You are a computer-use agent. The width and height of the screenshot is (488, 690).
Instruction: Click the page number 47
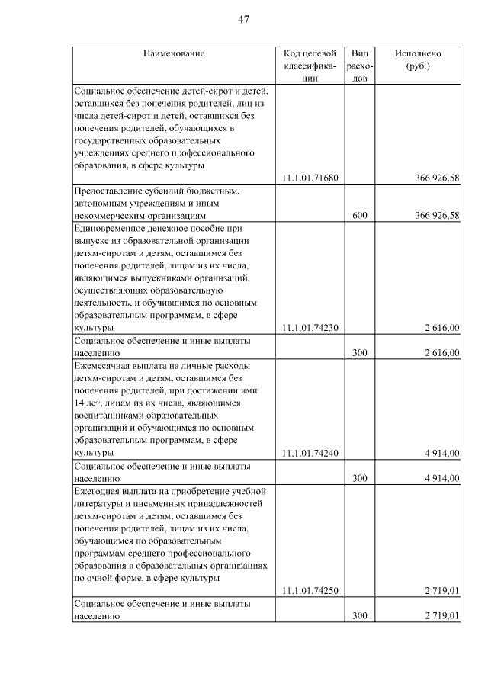click(244, 19)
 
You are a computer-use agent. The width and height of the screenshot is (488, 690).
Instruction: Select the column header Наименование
click(173, 54)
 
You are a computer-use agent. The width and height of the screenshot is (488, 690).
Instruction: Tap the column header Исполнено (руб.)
click(417, 59)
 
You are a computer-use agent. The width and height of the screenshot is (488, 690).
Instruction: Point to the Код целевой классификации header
click(310, 66)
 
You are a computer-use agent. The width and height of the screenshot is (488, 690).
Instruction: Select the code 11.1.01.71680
click(310, 178)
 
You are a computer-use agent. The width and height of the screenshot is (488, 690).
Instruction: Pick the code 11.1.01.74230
click(310, 328)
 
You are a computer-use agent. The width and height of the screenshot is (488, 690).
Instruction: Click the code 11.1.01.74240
click(310, 453)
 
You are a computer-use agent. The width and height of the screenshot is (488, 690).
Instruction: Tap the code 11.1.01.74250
click(310, 590)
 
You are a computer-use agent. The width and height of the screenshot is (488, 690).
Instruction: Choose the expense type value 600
click(360, 216)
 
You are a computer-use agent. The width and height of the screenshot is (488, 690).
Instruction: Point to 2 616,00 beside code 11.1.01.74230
click(442, 328)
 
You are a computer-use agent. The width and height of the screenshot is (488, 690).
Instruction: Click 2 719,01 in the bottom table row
click(442, 615)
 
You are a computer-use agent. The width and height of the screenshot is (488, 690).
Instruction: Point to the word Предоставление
click(108, 191)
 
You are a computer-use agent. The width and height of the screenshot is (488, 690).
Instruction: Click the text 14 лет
click(87, 403)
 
